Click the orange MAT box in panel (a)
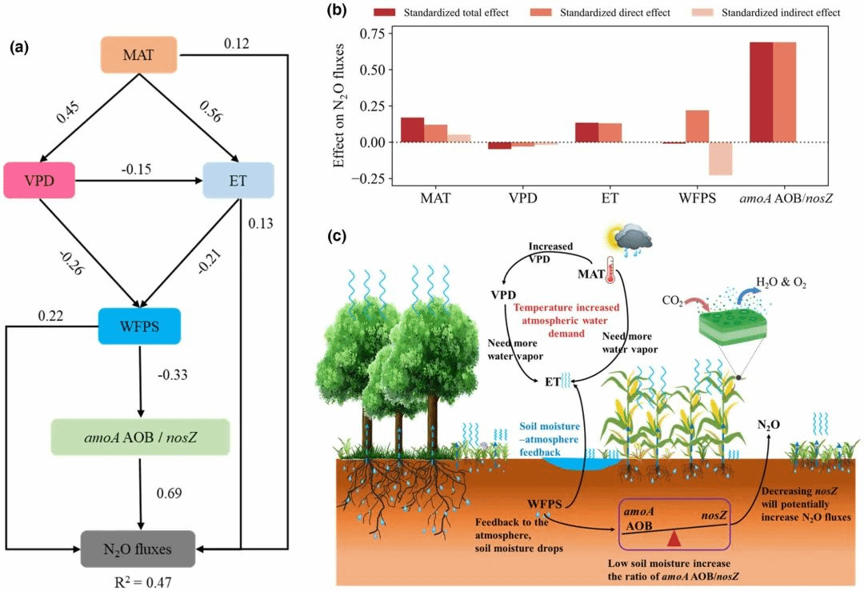click(138, 54)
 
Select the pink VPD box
click(39, 181)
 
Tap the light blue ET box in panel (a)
click(238, 181)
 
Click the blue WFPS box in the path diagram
click(139, 326)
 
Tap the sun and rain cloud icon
click(630, 238)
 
